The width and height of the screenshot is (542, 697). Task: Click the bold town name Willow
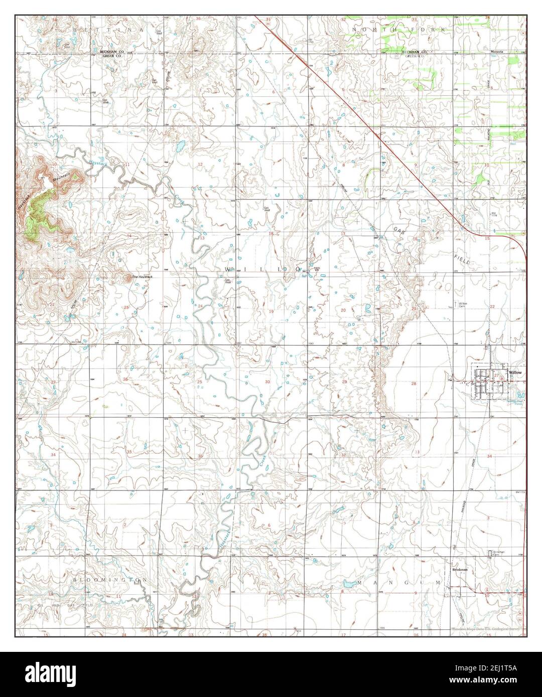515,373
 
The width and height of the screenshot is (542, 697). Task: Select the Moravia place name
497,52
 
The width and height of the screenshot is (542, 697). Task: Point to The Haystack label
142,277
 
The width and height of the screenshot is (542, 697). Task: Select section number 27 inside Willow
496,375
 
